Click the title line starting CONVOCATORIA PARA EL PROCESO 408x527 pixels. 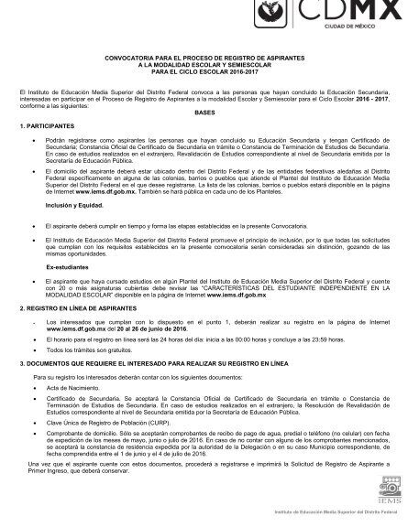coord(203,60)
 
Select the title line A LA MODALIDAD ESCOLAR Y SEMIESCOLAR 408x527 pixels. coord(203,67)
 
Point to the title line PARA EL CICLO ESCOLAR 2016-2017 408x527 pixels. coord(203,73)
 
